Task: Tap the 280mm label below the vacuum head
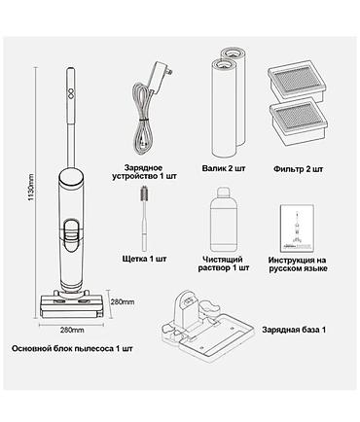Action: [72, 330]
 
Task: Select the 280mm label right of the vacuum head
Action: [123, 302]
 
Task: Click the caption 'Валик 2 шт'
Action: [224, 168]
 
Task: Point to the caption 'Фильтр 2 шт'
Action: [298, 169]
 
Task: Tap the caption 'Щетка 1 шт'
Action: [144, 259]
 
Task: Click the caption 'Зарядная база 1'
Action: [294, 330]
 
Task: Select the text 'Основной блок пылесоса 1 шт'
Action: [72, 349]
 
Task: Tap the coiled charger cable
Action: [142, 119]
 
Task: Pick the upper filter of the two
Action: [297, 80]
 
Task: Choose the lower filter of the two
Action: [299, 120]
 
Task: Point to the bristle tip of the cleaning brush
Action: [144, 194]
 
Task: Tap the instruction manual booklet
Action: [297, 228]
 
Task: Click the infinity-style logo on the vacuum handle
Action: [71, 92]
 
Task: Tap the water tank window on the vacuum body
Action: [72, 235]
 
